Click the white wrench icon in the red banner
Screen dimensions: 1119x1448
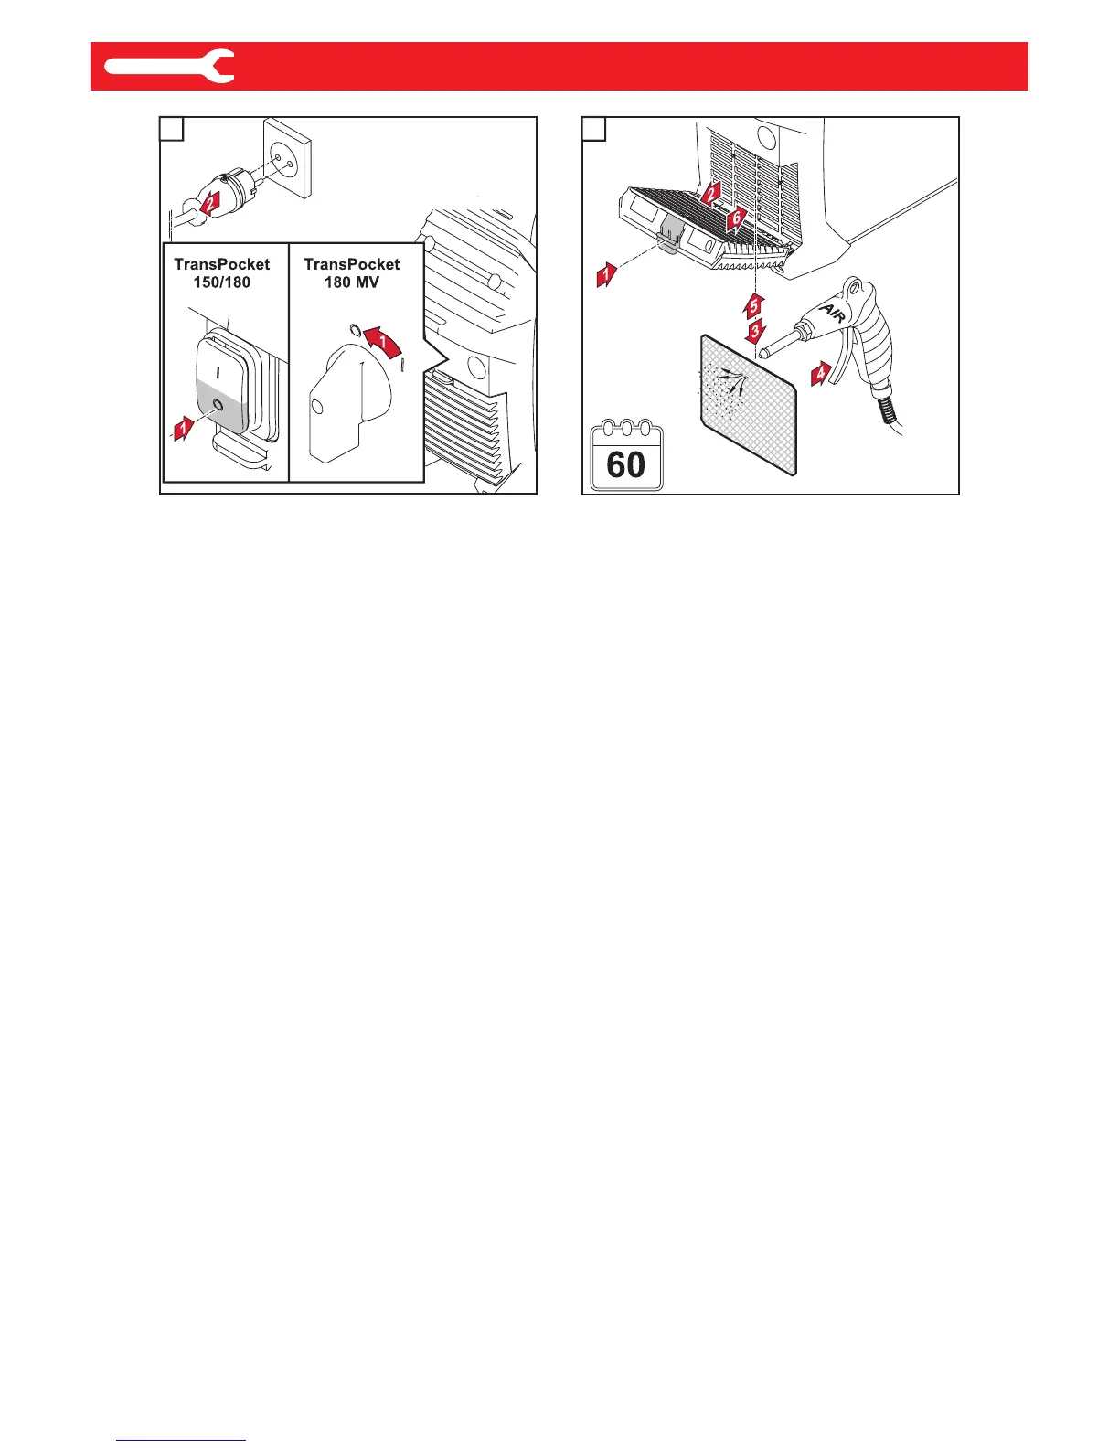tap(170, 66)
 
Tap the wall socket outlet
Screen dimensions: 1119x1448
tap(287, 157)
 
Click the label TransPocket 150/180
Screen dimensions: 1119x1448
tap(222, 272)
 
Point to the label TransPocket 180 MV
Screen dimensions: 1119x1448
tap(352, 272)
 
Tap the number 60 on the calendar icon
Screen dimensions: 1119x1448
tap(626, 465)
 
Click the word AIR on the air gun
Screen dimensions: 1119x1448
tap(831, 313)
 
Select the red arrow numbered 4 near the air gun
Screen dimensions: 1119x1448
tap(821, 373)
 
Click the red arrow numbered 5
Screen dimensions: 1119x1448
tap(753, 304)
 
